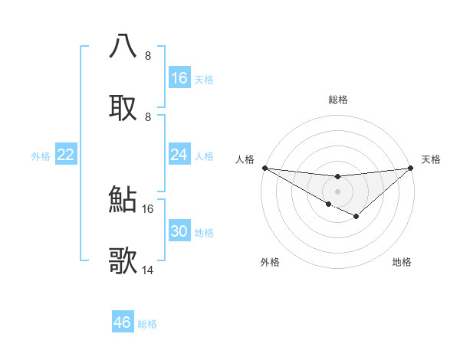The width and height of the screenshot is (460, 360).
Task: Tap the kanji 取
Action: [x=123, y=107]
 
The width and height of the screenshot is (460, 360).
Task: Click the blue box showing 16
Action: [x=179, y=78]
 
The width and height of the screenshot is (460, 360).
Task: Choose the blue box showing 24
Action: [x=179, y=155]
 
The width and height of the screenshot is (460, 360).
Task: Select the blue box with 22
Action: [x=66, y=155]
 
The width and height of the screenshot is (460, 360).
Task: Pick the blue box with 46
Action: [x=123, y=322]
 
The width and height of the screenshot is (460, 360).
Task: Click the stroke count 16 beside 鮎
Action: [x=148, y=208]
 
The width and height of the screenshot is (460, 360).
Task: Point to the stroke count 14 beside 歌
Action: [x=148, y=270]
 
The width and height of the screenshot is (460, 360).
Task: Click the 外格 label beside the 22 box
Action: [x=41, y=156]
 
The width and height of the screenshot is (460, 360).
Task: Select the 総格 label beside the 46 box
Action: [x=147, y=323]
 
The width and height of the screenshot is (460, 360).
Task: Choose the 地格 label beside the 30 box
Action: [x=204, y=233]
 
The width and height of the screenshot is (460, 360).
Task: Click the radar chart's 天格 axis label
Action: [x=431, y=159]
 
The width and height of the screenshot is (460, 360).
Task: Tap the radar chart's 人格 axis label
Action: [x=245, y=159]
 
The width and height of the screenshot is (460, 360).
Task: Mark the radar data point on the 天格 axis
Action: [x=411, y=168]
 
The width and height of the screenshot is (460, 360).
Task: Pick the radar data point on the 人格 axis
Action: [x=264, y=168]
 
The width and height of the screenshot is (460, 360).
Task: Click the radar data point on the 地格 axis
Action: [x=356, y=218]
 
